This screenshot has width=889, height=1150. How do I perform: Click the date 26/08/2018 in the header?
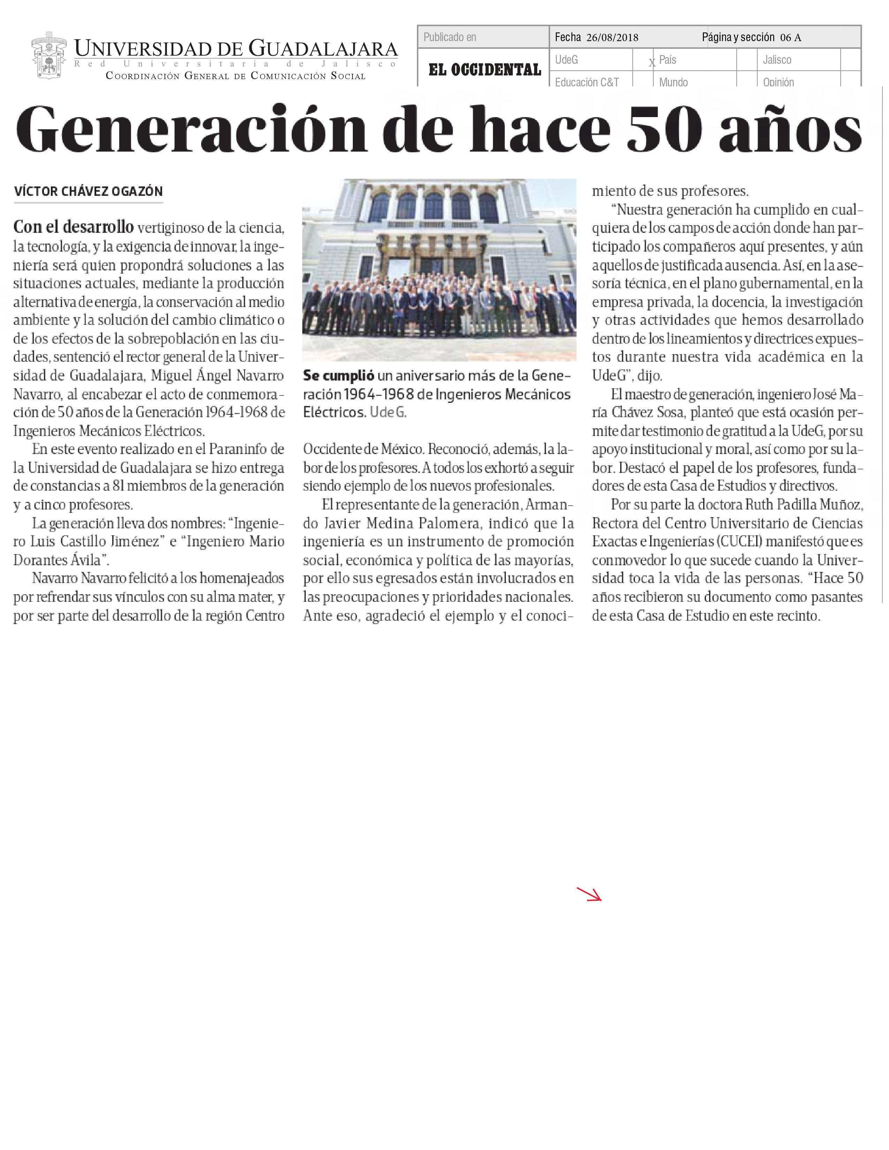[x=612, y=37]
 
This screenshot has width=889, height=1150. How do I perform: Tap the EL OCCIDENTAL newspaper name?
[x=485, y=69]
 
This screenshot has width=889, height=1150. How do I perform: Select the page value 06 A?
[x=791, y=37]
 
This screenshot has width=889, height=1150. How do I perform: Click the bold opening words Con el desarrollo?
[x=73, y=227]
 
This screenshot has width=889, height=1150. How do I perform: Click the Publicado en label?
[x=450, y=37]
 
